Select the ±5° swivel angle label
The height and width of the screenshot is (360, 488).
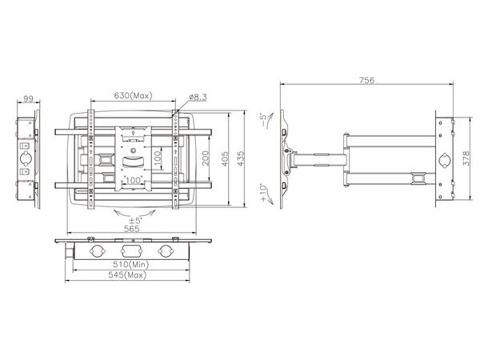tap(132, 219)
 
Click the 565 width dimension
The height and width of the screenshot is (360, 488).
tap(132, 229)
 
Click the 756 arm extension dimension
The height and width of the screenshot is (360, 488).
tap(366, 80)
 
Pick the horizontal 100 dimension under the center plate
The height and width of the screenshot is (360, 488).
tap(132, 182)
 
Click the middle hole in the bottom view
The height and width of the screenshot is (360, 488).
tap(132, 250)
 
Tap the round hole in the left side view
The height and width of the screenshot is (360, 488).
tap(26, 158)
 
